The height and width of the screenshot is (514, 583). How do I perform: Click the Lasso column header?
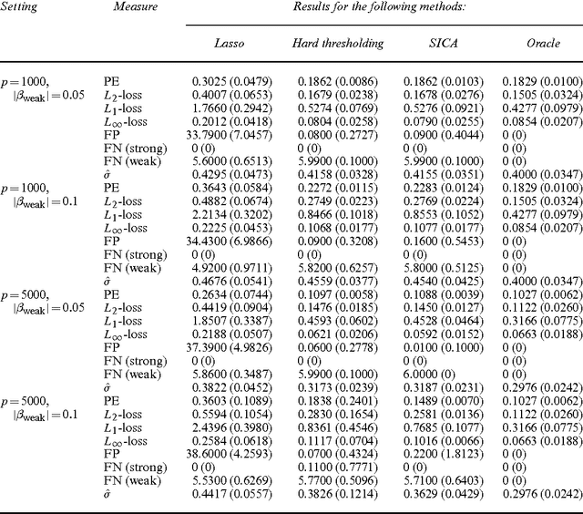pos(228,43)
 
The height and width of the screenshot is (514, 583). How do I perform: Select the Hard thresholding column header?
pos(337,43)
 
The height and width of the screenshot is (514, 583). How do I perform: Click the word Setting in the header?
pos(21,6)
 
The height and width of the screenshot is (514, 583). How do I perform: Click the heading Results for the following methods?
pos(378,6)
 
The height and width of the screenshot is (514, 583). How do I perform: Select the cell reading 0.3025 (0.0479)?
pos(232,81)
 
